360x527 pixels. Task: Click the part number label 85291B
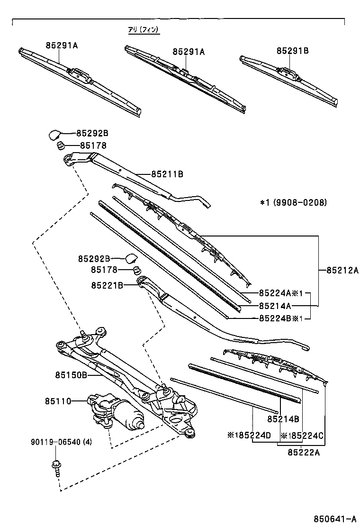(292, 51)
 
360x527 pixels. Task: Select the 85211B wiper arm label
(167, 174)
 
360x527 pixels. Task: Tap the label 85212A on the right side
(342, 271)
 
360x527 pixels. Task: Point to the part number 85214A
(275, 306)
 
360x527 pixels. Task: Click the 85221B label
(108, 285)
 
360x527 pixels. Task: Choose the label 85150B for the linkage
(70, 375)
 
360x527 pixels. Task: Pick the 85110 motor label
(58, 401)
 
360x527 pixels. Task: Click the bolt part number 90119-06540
(62, 442)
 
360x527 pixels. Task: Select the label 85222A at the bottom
(304, 452)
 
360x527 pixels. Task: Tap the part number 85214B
(283, 419)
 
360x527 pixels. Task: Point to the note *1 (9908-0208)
(293, 202)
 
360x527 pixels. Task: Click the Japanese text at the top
(144, 30)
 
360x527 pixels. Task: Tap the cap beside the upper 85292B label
(55, 134)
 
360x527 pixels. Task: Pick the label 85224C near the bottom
(302, 435)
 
